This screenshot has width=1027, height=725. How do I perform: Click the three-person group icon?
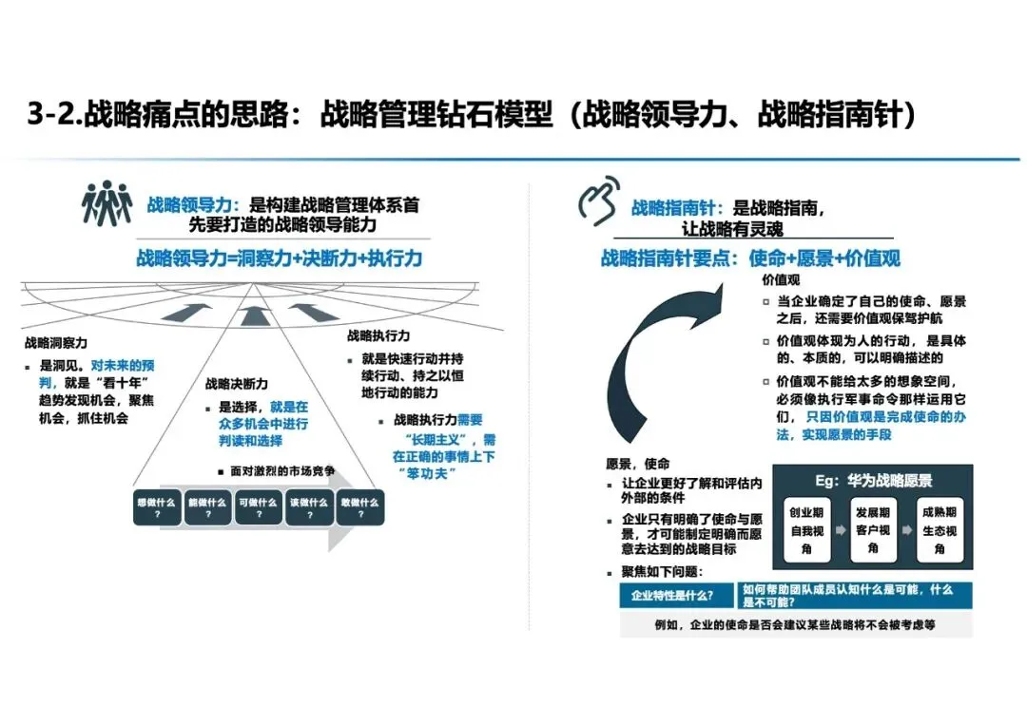107,202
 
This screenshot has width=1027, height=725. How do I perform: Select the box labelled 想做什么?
156,506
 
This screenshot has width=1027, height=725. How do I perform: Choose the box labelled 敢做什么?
359,506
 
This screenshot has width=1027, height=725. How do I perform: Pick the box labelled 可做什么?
258,506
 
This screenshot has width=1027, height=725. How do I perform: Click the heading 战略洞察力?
56,344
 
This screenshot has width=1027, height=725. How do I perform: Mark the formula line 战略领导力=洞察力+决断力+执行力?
279,258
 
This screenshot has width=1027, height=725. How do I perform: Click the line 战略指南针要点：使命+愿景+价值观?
750,258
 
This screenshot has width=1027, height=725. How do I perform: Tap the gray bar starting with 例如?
795,624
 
